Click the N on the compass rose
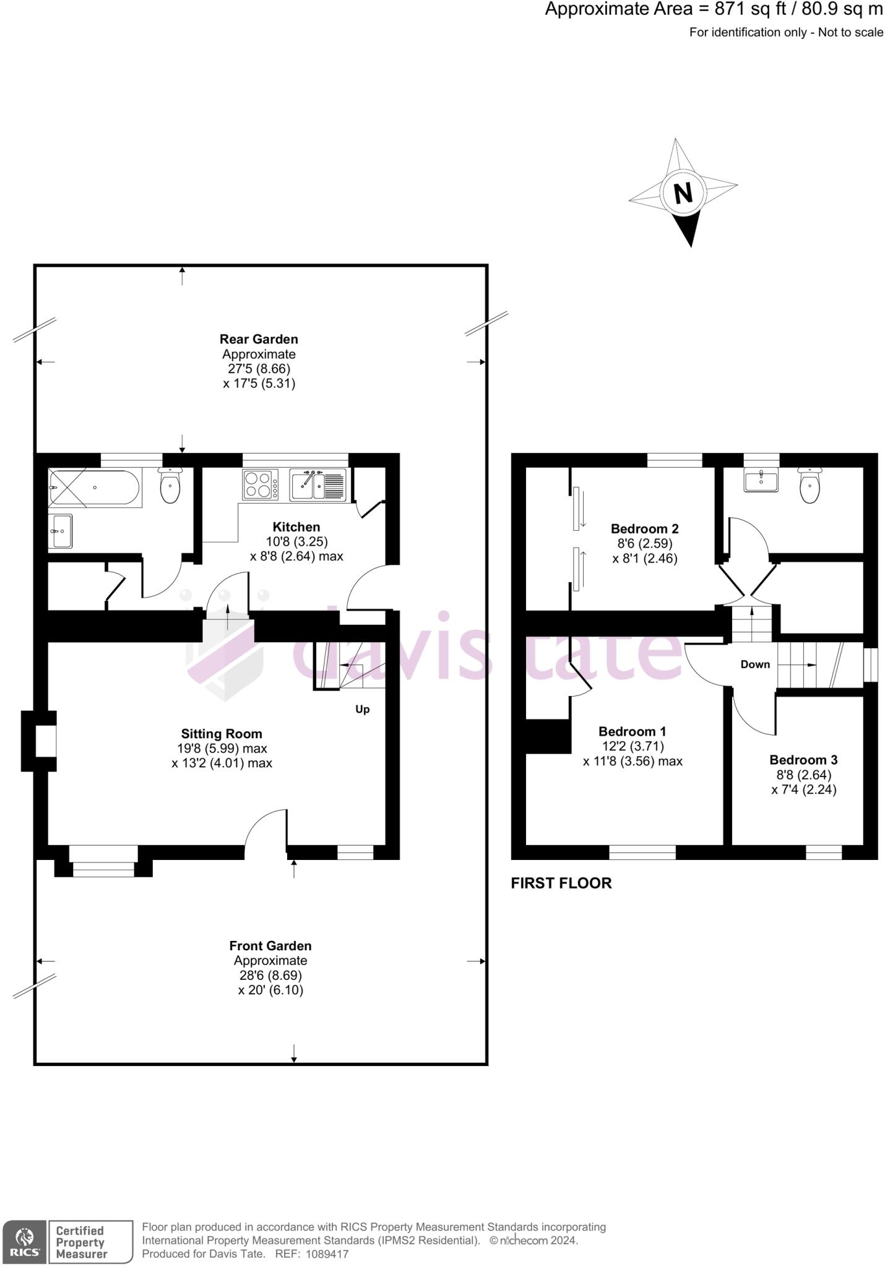click(683, 194)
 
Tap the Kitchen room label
click(296, 527)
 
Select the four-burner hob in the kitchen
click(260, 484)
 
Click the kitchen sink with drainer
click(318, 485)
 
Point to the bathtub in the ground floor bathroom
click(94, 488)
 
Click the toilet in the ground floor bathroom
click(170, 486)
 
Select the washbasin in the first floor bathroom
click(761, 480)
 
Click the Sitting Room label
click(222, 734)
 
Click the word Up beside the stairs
click(363, 709)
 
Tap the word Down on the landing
click(755, 664)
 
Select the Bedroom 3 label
click(803, 760)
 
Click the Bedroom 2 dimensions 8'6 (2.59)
click(644, 543)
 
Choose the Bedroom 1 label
click(632, 731)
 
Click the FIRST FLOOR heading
click(561, 883)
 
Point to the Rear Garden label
click(259, 339)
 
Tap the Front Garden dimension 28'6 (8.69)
click(270, 976)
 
